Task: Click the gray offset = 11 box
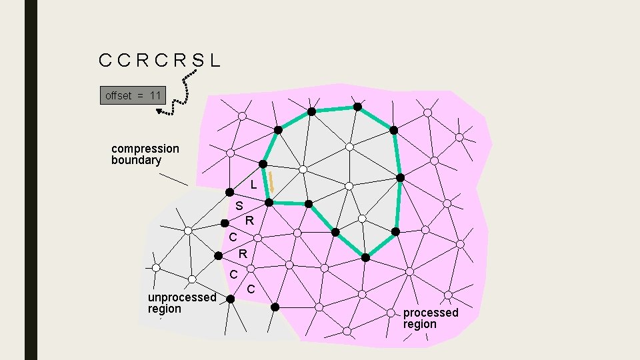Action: coord(133,96)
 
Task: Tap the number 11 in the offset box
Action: coord(155,96)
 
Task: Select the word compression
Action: coord(145,148)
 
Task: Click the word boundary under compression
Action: coord(136,160)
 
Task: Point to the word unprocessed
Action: coord(182,297)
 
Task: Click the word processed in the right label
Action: coord(431,313)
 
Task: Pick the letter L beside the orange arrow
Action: coord(253,184)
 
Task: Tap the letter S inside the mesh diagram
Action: coord(239,206)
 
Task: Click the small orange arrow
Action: coord(271,182)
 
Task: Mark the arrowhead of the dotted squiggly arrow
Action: coord(160,111)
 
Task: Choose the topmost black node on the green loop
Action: coord(357,107)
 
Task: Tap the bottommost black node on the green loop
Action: coord(365,257)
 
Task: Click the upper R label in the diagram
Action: coord(249,221)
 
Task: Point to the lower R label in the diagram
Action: coord(243,254)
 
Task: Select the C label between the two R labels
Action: coord(233,238)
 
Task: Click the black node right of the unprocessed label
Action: coord(230,299)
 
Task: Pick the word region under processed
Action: coord(419,325)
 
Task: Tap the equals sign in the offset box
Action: coord(141,96)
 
